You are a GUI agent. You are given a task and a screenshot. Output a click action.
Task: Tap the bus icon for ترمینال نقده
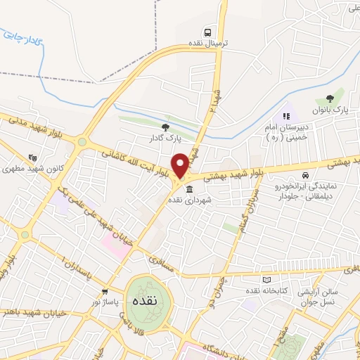pos(208,32)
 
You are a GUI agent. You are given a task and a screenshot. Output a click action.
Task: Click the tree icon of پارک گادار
pos(165,127)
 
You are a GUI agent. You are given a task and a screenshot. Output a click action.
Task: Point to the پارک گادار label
pos(164,139)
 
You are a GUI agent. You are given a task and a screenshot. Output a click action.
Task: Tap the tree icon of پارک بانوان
pos(330,99)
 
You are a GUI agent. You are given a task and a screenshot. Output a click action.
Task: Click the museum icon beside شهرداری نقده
pos(189,188)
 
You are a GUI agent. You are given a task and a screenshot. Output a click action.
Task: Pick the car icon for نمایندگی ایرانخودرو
pos(305,175)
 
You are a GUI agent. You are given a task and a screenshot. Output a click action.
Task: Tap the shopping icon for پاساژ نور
pos(105,292)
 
